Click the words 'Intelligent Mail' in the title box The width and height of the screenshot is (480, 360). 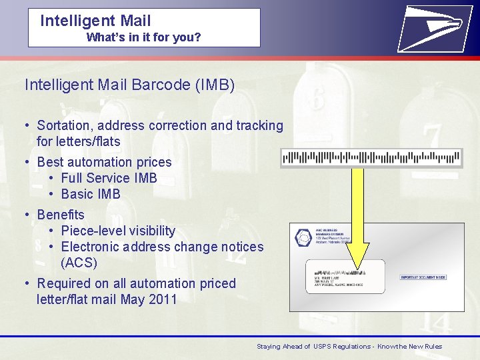[95, 21]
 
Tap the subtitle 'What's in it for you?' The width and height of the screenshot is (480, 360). [143, 37]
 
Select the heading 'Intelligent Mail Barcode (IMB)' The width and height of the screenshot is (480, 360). [129, 85]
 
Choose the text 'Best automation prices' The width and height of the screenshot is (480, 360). [104, 162]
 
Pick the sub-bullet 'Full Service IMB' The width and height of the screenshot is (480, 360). [109, 178]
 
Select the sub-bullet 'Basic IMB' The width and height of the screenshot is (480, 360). [91, 194]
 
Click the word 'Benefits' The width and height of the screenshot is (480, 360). [61, 215]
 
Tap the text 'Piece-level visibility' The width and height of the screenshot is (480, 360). [118, 231]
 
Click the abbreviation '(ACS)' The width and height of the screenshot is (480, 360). [79, 263]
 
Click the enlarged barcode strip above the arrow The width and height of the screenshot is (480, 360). [371, 158]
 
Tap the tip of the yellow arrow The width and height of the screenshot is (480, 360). [358, 267]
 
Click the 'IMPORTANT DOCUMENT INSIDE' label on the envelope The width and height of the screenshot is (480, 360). [423, 277]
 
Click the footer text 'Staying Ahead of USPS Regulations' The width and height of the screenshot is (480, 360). [313, 347]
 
